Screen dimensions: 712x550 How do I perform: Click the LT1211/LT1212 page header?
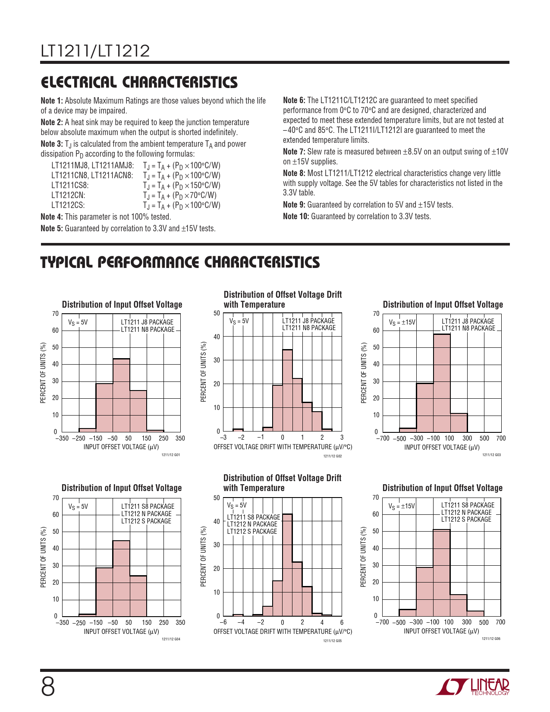point(95,51)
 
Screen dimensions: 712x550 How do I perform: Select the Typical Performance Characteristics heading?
point(180,262)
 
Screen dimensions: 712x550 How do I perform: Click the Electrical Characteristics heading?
point(139,82)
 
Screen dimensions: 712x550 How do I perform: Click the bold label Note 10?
point(296,217)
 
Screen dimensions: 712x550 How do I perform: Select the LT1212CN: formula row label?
point(68,195)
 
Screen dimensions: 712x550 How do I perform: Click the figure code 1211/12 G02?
point(332,457)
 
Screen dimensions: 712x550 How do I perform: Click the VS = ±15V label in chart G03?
point(402,322)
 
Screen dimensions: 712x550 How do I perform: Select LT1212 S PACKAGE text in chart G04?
point(146,521)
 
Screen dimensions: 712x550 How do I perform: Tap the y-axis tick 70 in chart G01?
point(55,314)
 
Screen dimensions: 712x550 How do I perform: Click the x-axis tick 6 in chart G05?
point(342,622)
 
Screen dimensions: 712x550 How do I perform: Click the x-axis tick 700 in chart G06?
point(500,622)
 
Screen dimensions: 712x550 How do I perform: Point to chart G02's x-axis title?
point(283,447)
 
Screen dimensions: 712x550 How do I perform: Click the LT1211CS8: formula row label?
point(70,186)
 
